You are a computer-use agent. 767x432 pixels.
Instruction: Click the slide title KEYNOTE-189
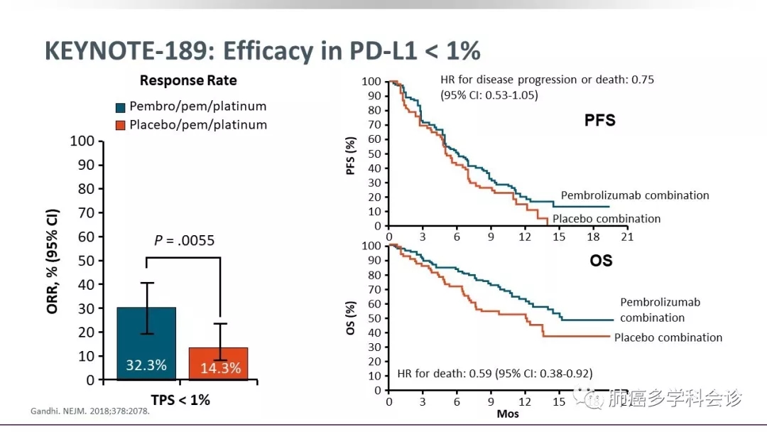(x=127, y=51)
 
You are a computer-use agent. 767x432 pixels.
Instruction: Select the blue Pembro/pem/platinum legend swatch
(x=121, y=107)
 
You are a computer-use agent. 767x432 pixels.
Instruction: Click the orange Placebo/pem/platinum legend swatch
(x=121, y=126)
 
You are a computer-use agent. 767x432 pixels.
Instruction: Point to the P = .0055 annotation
(x=184, y=240)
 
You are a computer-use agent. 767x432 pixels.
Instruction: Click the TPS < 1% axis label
(x=181, y=400)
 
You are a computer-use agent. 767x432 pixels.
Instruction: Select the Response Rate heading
(x=188, y=80)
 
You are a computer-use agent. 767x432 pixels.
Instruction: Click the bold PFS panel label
(x=599, y=121)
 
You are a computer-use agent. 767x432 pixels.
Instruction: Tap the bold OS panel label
(x=601, y=261)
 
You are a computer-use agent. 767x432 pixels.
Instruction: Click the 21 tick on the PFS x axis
(x=627, y=237)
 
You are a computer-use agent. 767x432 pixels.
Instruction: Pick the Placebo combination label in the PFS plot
(x=606, y=219)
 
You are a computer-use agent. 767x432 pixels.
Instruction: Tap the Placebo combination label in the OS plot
(x=668, y=337)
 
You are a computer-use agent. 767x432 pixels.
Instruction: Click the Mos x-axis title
(x=507, y=414)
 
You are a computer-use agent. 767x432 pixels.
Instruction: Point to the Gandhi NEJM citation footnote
(x=90, y=411)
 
